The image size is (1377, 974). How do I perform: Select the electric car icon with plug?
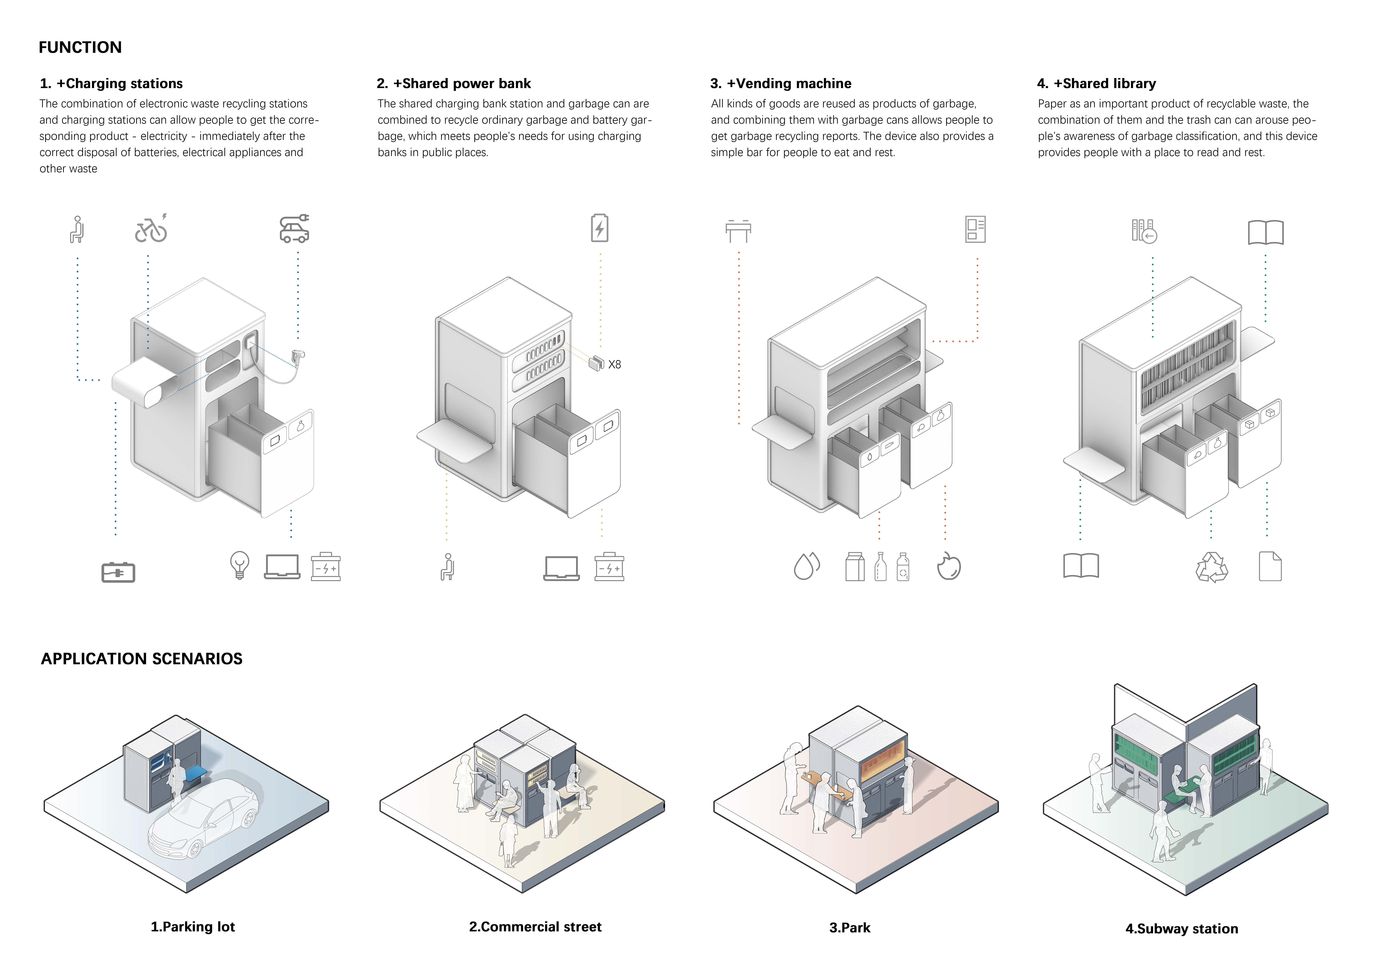pyautogui.click(x=294, y=229)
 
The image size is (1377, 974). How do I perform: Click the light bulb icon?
pyautogui.click(x=239, y=565)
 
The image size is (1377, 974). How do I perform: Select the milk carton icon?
pyautogui.click(x=855, y=567)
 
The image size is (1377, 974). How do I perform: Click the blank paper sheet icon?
pyautogui.click(x=1270, y=566)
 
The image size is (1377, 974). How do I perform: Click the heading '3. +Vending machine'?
pyautogui.click(x=781, y=83)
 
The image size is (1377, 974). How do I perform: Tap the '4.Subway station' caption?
pyautogui.click(x=1181, y=929)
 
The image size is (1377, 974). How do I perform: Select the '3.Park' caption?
pyautogui.click(x=850, y=928)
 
